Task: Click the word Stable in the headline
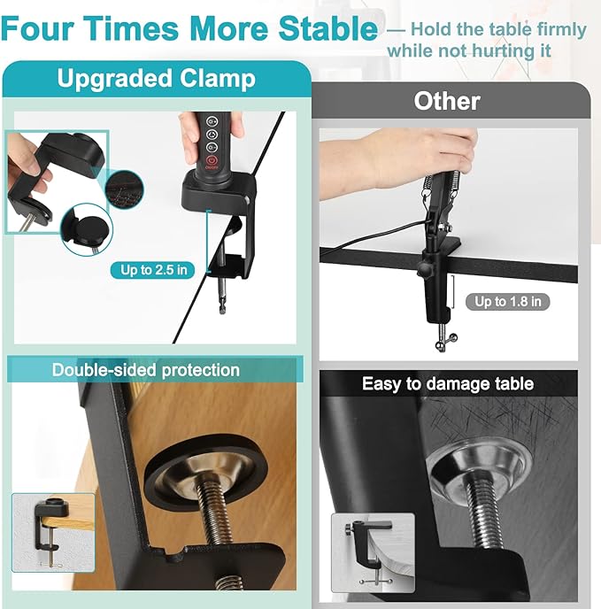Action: coord(328,28)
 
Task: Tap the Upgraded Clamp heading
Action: coord(157,79)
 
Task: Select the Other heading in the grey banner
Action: coord(447,102)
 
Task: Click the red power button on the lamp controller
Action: coord(212,160)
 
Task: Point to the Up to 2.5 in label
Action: coord(152,270)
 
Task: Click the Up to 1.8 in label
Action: coord(508,302)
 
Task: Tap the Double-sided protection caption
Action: coord(146,370)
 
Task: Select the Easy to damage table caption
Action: coord(448,384)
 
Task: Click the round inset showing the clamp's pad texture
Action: coord(124,189)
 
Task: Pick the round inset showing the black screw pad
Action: coord(87,229)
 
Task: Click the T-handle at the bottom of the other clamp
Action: coord(445,342)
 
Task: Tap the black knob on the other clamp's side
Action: coord(423,269)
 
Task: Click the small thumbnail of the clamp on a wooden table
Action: coord(53,533)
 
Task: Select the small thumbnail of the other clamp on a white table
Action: coord(373,552)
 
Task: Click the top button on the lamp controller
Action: coord(212,121)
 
